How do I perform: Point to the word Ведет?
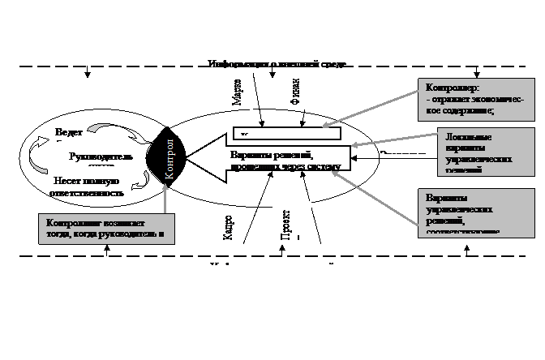click(69, 132)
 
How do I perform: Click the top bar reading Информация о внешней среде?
click(276, 63)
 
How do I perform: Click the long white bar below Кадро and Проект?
click(285, 262)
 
